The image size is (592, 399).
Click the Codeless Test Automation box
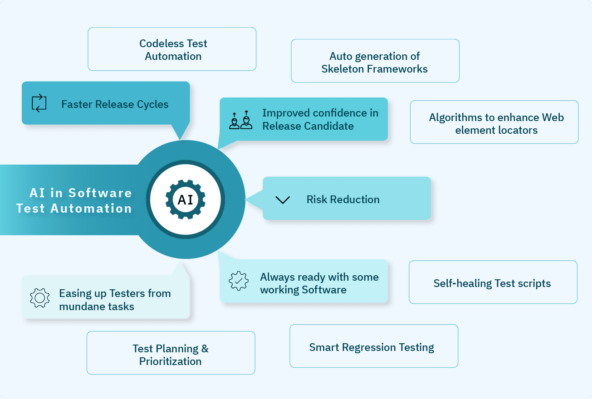(x=172, y=49)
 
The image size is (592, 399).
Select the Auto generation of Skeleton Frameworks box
(x=375, y=61)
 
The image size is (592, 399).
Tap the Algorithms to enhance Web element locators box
(x=494, y=122)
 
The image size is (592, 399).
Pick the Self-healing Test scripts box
(x=493, y=282)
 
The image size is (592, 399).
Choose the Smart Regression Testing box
(x=373, y=346)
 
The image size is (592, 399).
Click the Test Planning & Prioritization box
(x=171, y=353)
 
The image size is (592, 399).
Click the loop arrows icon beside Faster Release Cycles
(x=39, y=103)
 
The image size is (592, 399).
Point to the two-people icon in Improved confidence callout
(x=240, y=120)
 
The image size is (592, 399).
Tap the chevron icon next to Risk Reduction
(x=283, y=200)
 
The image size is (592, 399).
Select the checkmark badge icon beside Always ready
(x=238, y=281)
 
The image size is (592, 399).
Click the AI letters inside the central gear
(x=186, y=199)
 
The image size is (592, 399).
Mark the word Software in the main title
(x=100, y=193)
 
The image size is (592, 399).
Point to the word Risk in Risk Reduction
(x=317, y=199)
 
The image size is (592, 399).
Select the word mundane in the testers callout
(x=76, y=307)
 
